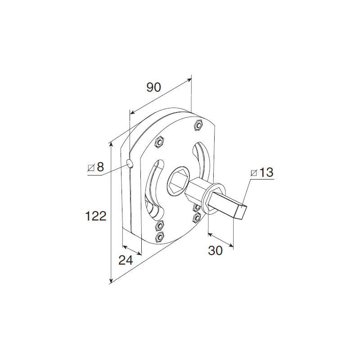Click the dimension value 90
point(154,87)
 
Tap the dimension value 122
point(96,216)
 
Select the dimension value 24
point(126,260)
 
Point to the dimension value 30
point(215,250)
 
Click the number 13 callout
point(266,172)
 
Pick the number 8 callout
point(100,167)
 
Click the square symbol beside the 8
point(91,168)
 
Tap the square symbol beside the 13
point(254,173)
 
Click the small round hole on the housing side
point(130,164)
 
